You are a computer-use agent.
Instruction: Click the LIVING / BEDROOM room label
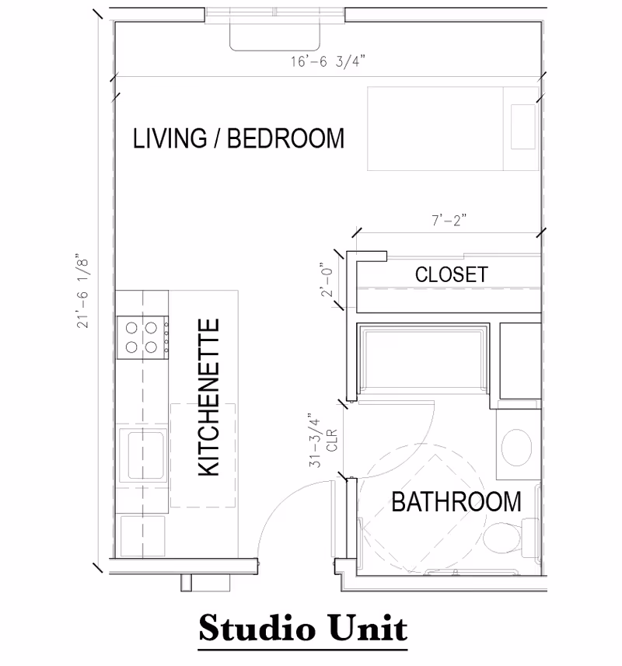(238, 138)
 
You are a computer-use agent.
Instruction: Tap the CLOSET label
(451, 274)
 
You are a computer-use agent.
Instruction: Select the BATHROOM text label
(456, 501)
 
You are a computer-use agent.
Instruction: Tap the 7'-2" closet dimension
(449, 220)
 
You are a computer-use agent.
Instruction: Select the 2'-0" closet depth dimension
(328, 282)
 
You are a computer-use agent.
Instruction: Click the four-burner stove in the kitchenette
(142, 336)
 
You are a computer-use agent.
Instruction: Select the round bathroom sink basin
(514, 445)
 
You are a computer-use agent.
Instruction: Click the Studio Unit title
(302, 626)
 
